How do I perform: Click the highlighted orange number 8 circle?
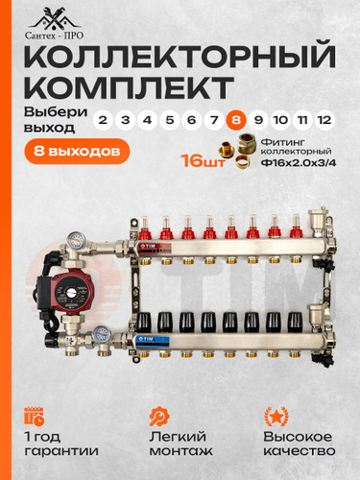(x=236, y=120)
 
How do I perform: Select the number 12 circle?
(x=324, y=120)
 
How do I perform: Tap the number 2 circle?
(x=103, y=120)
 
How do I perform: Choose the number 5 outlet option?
(x=170, y=120)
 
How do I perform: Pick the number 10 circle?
(x=280, y=120)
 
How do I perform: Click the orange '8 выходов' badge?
(x=77, y=151)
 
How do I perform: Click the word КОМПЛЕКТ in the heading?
(x=129, y=87)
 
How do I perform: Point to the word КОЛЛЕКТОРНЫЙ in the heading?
(x=180, y=56)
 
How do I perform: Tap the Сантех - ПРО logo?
(x=54, y=25)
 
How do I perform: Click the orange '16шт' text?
(x=203, y=160)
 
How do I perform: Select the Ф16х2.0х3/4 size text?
(x=299, y=163)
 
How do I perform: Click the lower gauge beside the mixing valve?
(x=103, y=335)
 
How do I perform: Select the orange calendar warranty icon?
(x=35, y=416)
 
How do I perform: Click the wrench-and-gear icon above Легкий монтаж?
(x=159, y=416)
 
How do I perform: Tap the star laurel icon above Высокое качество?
(x=276, y=416)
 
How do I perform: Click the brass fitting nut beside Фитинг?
(x=247, y=143)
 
